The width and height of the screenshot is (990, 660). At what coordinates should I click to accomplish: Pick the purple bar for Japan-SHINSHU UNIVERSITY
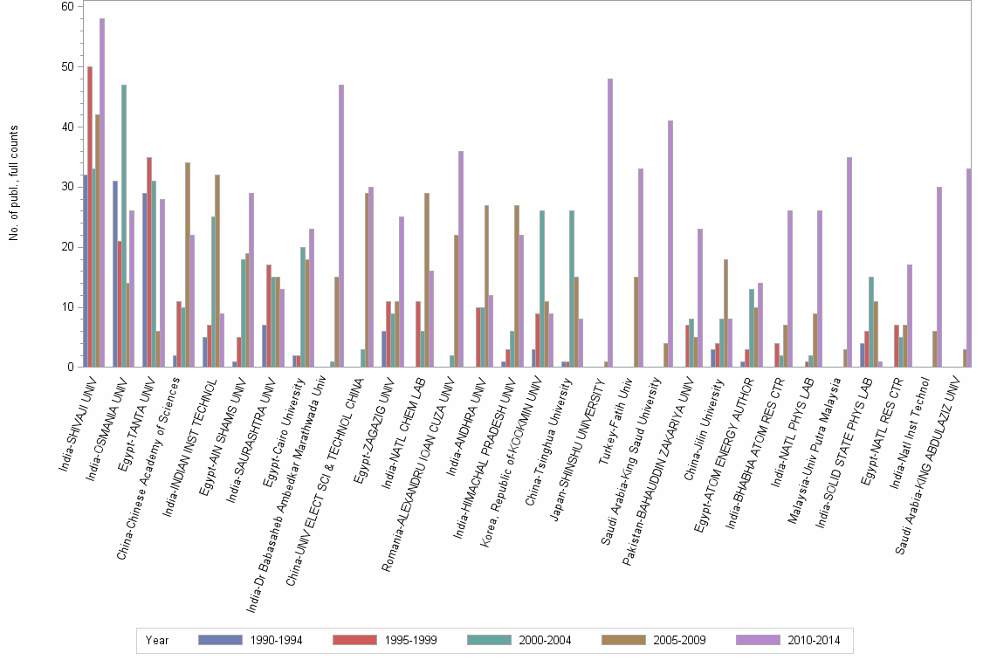[x=610, y=223]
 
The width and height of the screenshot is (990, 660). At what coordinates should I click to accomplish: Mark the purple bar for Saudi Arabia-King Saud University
[x=670, y=244]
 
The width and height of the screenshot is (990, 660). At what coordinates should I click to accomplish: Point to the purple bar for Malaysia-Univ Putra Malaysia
[x=849, y=262]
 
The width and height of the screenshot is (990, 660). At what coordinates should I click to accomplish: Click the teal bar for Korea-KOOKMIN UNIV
[x=542, y=288]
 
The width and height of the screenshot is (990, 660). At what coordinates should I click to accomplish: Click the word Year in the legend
[x=158, y=640]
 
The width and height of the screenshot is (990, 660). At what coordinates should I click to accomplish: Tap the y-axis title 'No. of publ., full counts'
[x=14, y=183]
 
